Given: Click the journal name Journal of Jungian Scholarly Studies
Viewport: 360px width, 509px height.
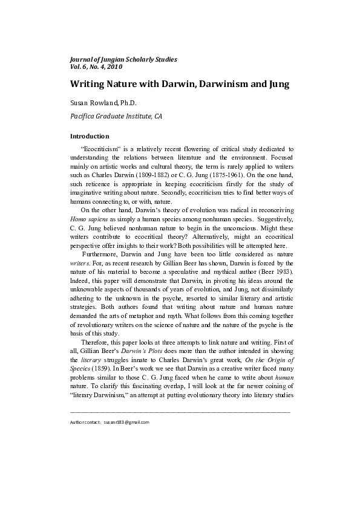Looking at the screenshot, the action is (x=123, y=59).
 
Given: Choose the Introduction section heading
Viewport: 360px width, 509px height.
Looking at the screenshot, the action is (x=90, y=136).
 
